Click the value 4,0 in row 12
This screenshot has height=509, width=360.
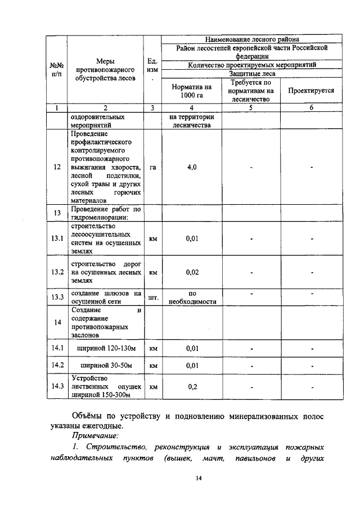191,168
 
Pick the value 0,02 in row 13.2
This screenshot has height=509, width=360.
192,272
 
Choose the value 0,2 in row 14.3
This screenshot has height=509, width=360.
192,387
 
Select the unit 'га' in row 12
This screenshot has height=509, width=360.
152,168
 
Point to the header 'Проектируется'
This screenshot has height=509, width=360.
311,90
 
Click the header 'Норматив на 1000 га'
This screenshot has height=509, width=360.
192,91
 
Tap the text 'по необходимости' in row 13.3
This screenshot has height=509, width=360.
192,297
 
